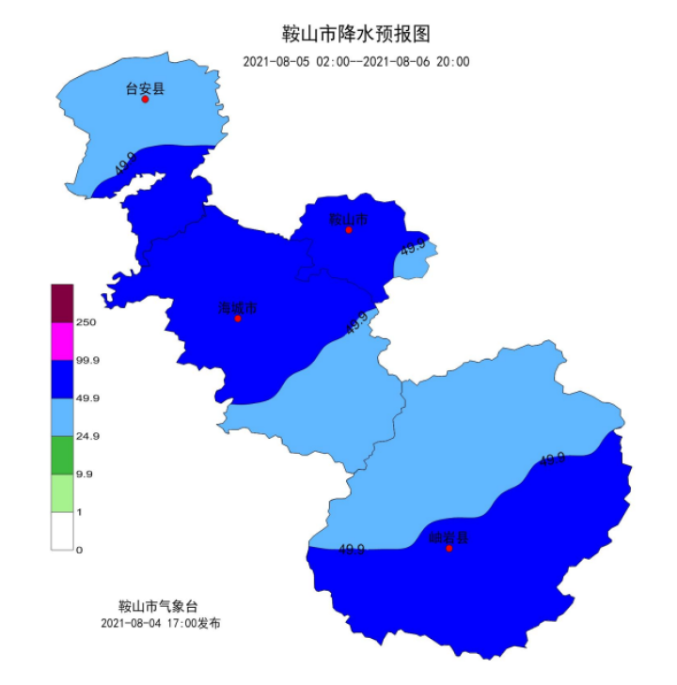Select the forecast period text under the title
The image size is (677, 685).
(x=356, y=62)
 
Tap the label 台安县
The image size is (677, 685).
(x=145, y=88)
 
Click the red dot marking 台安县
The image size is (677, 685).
(x=146, y=100)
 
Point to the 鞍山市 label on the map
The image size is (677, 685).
(x=348, y=219)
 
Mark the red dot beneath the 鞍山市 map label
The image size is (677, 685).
(x=349, y=230)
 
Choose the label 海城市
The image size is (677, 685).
(x=237, y=306)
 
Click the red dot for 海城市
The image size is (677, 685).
(x=238, y=319)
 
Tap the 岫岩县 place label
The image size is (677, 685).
(x=449, y=537)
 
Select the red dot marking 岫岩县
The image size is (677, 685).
(x=449, y=549)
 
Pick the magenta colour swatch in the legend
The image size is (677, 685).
(x=62, y=341)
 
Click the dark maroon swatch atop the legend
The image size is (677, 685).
(x=62, y=303)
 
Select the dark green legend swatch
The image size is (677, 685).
(x=62, y=455)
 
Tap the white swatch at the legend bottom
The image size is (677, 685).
(x=62, y=531)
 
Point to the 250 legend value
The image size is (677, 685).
(x=87, y=322)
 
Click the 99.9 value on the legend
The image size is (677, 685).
(x=87, y=360)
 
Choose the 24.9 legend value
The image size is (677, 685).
(x=87, y=436)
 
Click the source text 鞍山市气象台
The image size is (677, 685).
(x=159, y=606)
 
